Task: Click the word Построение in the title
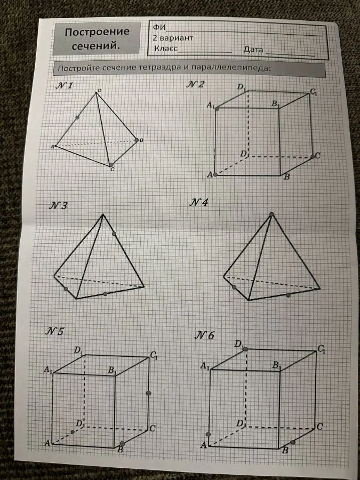coord(98,32)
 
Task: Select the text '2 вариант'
coord(173,38)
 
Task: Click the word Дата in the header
coord(253,50)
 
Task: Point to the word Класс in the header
coord(166,49)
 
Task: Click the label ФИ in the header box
coord(159,27)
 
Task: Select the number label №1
coord(64,85)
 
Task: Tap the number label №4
coord(199,202)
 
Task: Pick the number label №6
coord(204,336)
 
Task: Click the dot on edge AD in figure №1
coord(77,117)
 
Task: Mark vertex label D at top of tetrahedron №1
coord(99,90)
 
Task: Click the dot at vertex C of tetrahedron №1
coord(111,165)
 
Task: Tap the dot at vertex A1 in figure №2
coord(217,109)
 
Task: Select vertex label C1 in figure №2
coord(313,92)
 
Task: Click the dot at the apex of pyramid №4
coord(271,214)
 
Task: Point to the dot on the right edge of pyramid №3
coord(114,234)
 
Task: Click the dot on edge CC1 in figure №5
coord(149,393)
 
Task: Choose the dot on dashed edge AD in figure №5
coord(73,431)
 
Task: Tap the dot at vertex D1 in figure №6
coord(245,349)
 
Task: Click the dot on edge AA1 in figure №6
coord(209,434)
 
